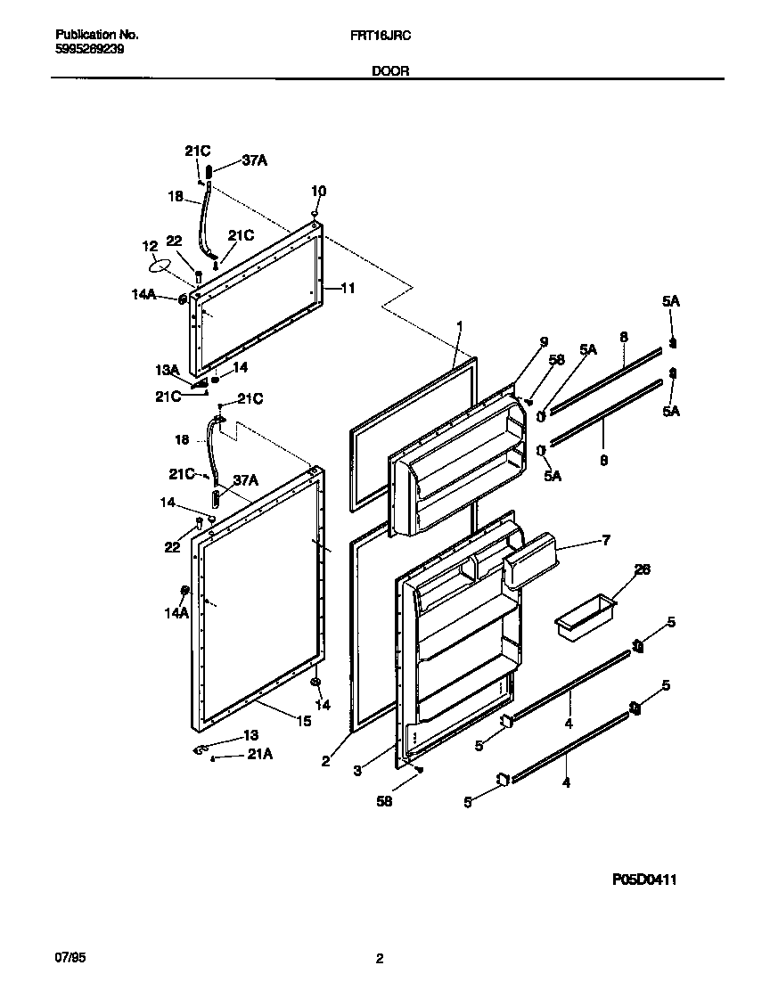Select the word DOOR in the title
tap(390, 70)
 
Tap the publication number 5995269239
tap(89, 50)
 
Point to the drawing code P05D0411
tap(644, 880)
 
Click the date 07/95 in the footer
tap(70, 958)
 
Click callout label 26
tap(643, 569)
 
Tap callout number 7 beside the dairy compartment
tap(606, 540)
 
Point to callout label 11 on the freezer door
tap(348, 288)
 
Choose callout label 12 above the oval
tap(150, 245)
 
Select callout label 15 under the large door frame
tap(304, 721)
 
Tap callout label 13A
tap(168, 370)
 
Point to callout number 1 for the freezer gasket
tap(460, 327)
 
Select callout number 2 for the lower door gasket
tap(325, 761)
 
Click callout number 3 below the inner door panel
tap(357, 771)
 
